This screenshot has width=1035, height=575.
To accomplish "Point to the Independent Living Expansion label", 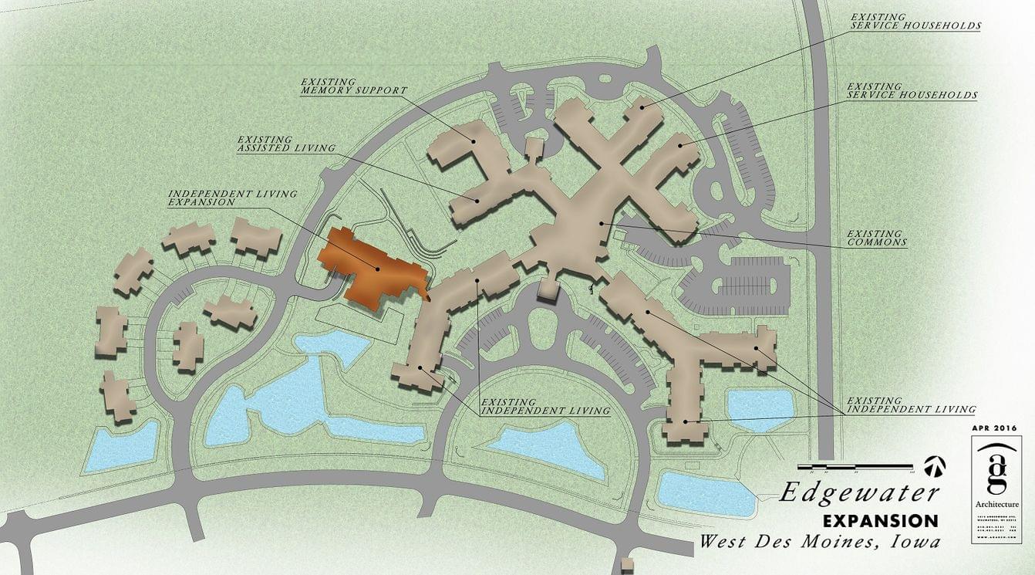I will (x=232, y=198).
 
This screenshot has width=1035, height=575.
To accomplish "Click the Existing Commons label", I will (x=876, y=238).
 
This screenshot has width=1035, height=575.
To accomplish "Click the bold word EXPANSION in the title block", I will (x=880, y=520).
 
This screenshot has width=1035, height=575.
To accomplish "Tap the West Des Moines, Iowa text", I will (x=820, y=542).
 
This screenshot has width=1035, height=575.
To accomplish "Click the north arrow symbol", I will (x=936, y=465).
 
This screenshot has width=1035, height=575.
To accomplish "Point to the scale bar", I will (x=855, y=466).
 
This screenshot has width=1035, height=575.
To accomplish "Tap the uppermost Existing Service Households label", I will (x=915, y=21).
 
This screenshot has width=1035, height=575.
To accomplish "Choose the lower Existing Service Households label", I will (x=912, y=91).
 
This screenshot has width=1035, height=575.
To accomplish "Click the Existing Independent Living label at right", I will (x=911, y=405).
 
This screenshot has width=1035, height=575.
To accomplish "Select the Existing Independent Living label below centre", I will (x=544, y=407).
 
